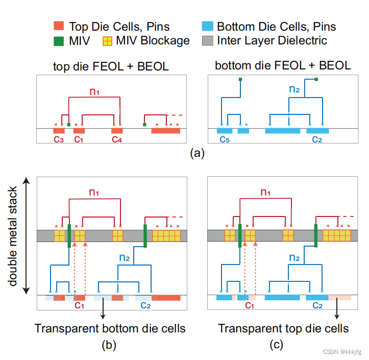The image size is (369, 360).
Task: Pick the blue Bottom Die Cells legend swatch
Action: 208,26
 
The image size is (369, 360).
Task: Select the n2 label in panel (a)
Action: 294,89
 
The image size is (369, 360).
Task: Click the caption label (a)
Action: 197,153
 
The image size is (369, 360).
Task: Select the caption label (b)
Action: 109,346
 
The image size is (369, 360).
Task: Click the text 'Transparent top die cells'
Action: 283,328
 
